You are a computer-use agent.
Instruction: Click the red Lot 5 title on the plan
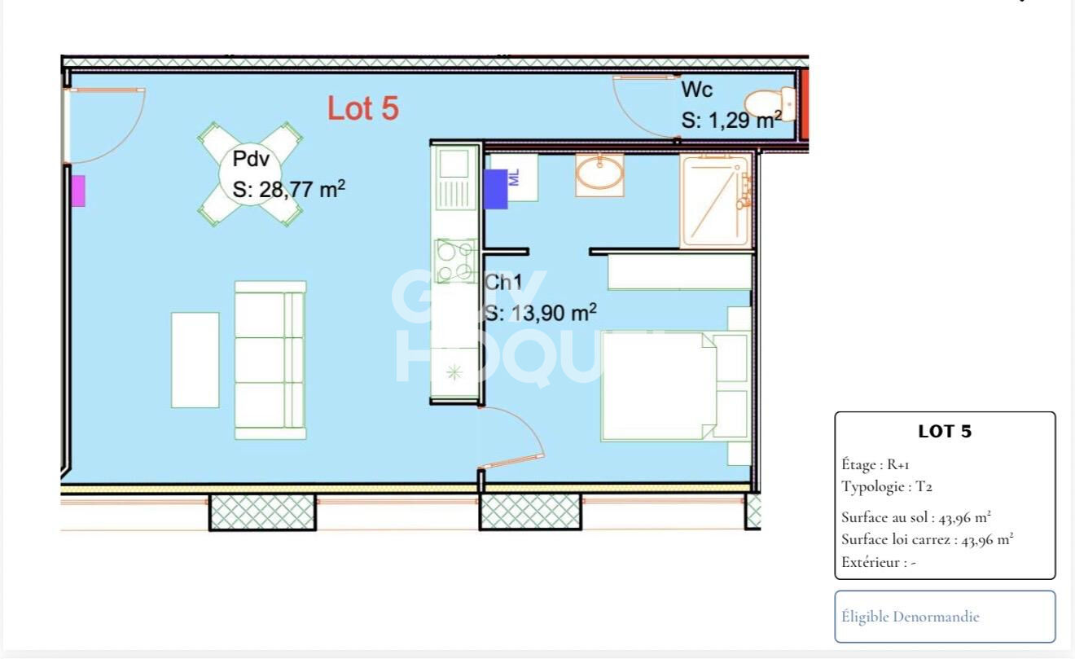point(363,108)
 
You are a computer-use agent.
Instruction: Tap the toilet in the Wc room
point(767,103)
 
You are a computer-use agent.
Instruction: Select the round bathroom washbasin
point(600,174)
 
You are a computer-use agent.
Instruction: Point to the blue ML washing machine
point(496,189)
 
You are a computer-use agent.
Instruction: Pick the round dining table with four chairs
point(250,174)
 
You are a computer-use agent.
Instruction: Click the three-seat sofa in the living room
point(270,360)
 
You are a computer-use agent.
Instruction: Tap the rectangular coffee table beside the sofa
point(195,360)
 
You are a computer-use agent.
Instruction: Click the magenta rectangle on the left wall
point(77,191)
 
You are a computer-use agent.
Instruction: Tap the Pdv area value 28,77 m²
point(289,190)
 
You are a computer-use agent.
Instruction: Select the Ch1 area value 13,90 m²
point(541,313)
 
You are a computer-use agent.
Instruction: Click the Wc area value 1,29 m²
point(731,121)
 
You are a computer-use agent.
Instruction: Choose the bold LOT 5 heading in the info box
point(945,432)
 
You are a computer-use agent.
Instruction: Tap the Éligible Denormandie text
point(910,617)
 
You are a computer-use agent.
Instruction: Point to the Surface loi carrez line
point(927,539)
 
